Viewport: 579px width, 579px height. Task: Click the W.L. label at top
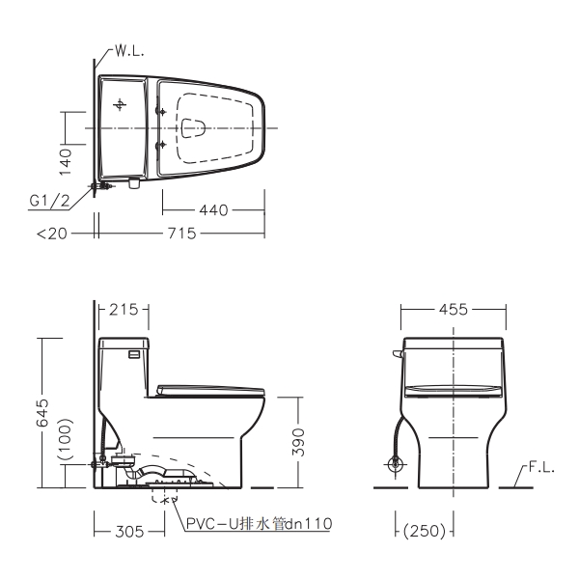click(x=129, y=51)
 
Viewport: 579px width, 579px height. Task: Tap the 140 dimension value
click(x=66, y=162)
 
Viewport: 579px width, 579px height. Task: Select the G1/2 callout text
click(x=49, y=201)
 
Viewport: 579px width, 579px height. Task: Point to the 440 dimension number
click(x=213, y=210)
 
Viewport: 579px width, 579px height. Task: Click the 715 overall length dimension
click(x=181, y=234)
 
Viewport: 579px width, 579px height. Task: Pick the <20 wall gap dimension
click(x=52, y=234)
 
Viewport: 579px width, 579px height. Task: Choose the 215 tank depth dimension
click(x=124, y=310)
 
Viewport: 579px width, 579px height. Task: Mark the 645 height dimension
click(x=42, y=412)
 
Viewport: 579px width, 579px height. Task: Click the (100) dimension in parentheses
click(x=66, y=439)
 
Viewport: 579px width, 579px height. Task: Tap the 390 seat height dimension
click(x=298, y=442)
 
